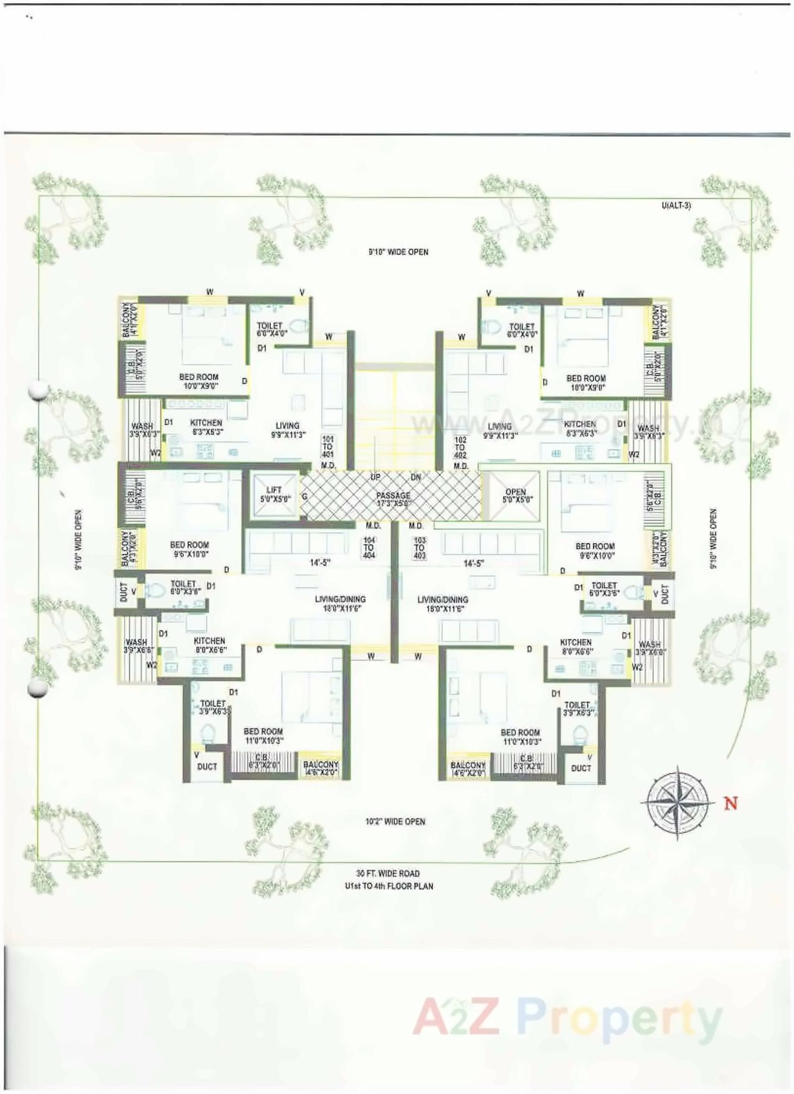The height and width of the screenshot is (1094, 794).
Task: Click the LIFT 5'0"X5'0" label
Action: (x=274, y=494)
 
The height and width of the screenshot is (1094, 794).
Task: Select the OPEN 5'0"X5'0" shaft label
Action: (x=516, y=496)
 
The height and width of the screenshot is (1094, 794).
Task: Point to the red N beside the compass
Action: (x=730, y=803)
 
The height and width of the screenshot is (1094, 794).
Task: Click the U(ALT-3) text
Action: (x=677, y=205)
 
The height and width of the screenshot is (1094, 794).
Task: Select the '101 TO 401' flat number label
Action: (x=328, y=446)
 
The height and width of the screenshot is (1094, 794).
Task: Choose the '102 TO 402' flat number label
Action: (x=460, y=447)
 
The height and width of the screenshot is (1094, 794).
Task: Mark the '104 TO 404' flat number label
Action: (x=369, y=547)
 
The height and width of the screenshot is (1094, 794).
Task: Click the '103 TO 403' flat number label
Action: (x=419, y=547)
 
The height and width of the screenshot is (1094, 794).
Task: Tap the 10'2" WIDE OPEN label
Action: (x=395, y=822)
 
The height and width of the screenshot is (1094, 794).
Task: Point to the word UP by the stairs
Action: (x=376, y=477)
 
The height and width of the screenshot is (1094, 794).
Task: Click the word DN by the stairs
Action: (x=416, y=477)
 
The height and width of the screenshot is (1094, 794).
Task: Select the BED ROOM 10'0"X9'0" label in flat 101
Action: (x=199, y=381)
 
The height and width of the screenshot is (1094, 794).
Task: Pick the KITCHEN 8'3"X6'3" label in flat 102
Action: (x=580, y=428)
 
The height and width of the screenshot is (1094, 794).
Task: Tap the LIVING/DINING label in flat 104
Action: (x=339, y=603)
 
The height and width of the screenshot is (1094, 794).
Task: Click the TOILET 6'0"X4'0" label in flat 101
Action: (x=270, y=329)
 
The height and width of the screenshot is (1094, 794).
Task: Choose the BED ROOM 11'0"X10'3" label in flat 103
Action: (x=520, y=737)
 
